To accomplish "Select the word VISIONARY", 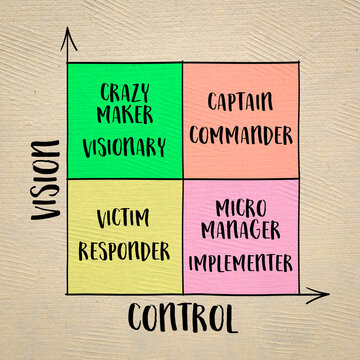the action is click(x=124, y=148).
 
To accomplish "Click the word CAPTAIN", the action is click(x=240, y=101).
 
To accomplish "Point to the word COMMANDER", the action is click(x=241, y=133).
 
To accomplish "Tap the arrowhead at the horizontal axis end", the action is click(x=322, y=296).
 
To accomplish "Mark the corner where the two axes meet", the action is click(x=65, y=296).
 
